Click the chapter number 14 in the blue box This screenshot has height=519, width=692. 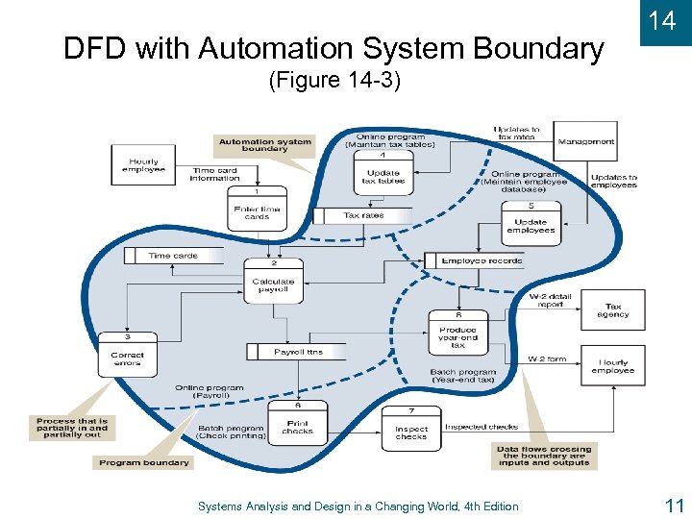point(662,21)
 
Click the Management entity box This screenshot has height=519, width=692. point(586,142)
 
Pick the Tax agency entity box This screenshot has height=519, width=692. point(612,310)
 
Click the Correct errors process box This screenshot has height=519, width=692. point(127,356)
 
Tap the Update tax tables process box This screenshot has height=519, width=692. point(383,174)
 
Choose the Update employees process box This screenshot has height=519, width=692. point(531,224)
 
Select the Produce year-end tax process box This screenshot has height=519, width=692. point(457,333)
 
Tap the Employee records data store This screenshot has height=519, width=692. point(476,260)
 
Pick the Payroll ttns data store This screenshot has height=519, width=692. point(292,352)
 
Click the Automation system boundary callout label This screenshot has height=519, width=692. point(264,145)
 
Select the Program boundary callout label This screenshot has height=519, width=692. point(143,462)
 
